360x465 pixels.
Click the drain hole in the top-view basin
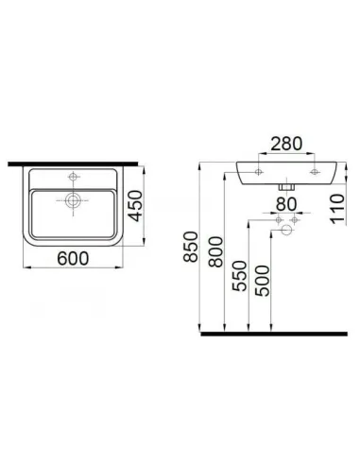tap(71, 200)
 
